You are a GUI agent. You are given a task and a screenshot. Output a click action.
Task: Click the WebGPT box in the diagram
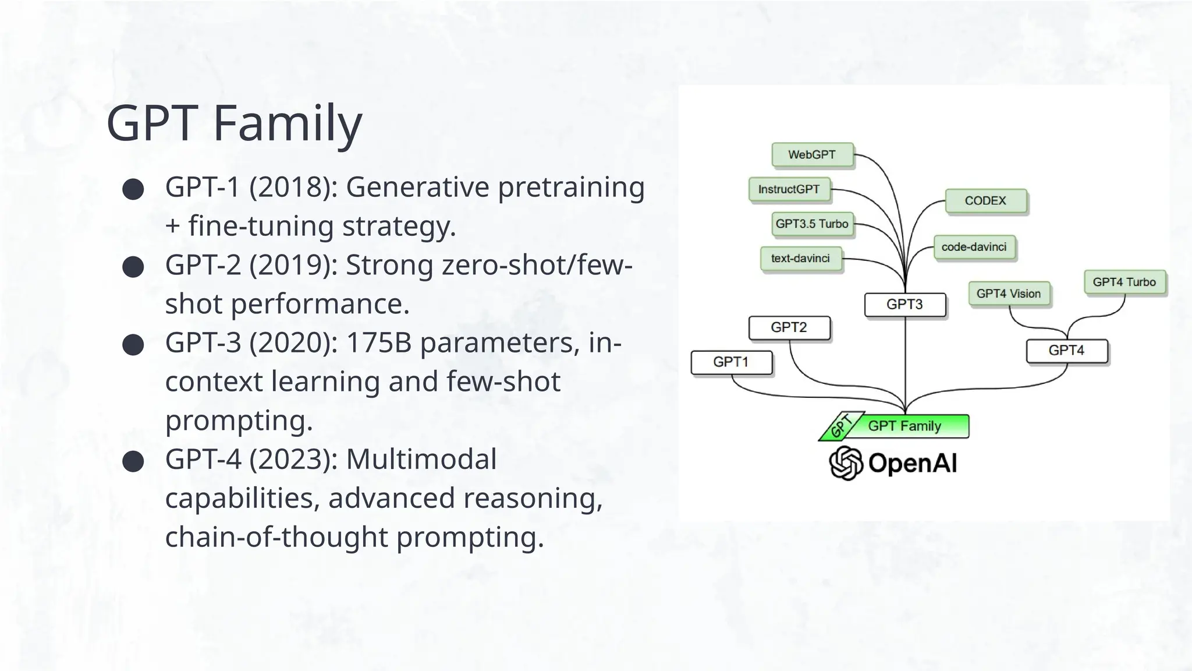(x=812, y=155)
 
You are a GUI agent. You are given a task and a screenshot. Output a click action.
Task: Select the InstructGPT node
(x=789, y=189)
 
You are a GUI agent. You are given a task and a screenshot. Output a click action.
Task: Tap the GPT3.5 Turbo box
(x=812, y=224)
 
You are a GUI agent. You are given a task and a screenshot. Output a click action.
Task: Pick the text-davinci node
(x=800, y=259)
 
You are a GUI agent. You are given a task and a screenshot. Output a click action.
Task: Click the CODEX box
(x=985, y=201)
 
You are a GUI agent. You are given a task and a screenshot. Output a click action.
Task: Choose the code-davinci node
(x=974, y=247)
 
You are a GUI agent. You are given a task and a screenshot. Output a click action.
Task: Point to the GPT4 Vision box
(x=1009, y=294)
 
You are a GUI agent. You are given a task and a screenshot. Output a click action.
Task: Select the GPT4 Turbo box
(x=1124, y=282)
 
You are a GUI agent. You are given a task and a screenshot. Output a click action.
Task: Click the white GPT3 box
(x=904, y=305)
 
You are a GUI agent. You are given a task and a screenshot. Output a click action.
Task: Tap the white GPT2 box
(x=789, y=327)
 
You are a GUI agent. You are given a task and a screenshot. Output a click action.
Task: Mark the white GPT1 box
(x=731, y=362)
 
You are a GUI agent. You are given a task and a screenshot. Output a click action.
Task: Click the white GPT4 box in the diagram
(x=1066, y=351)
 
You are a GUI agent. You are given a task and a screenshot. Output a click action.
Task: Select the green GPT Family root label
(x=904, y=426)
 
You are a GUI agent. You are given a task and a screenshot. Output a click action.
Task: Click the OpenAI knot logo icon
(x=846, y=463)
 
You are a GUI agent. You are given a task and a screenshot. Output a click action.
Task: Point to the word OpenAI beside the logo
(x=913, y=464)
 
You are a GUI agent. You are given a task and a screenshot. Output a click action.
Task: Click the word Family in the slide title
(x=288, y=123)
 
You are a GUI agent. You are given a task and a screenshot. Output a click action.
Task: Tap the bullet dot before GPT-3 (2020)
(x=133, y=345)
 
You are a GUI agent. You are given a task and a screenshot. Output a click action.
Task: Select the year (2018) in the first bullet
(x=293, y=188)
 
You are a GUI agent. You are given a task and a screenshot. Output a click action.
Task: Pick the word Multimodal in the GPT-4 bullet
(x=421, y=460)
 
